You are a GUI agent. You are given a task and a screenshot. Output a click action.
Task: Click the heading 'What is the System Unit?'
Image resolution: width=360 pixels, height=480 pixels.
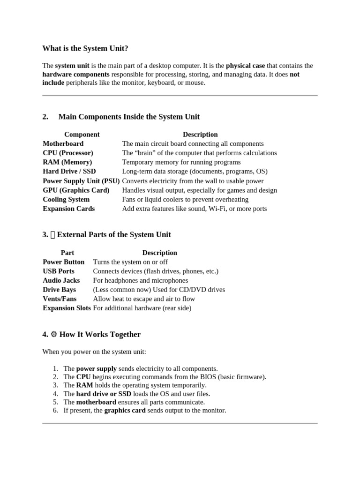[x=85, y=48]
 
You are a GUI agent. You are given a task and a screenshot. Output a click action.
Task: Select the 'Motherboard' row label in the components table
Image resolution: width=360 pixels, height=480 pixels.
[x=63, y=143]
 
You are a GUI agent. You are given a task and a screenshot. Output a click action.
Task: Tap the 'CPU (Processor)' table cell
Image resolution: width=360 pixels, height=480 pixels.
[x=68, y=153]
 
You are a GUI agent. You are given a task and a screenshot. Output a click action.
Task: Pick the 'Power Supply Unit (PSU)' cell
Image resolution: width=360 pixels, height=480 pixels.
[x=81, y=181]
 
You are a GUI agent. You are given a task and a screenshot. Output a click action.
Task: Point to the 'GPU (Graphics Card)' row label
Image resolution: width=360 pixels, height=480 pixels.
[x=76, y=190]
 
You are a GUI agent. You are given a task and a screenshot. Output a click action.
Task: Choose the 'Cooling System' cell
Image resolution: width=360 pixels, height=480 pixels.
[x=66, y=199]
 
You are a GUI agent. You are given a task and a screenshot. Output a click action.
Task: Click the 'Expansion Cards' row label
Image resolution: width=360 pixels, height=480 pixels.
[x=68, y=209]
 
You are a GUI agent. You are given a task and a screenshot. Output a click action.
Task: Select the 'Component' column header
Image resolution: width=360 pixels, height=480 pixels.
[x=82, y=135]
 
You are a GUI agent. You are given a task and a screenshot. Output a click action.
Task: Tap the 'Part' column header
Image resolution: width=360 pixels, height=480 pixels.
[x=67, y=253]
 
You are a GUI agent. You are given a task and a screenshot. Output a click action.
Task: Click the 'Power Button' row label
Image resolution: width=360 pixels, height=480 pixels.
[x=64, y=262]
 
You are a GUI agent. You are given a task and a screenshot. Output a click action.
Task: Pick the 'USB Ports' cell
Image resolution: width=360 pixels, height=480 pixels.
[x=59, y=271]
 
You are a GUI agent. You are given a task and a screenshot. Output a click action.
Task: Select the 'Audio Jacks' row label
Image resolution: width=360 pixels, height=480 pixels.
[x=61, y=280]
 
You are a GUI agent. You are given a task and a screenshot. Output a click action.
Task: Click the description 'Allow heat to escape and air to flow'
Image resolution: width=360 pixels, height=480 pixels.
[x=144, y=299]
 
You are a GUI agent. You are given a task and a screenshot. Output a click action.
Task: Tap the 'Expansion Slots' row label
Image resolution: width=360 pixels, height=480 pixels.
[x=67, y=308]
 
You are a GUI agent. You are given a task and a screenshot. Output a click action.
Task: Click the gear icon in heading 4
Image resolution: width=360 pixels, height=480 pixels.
[x=53, y=335]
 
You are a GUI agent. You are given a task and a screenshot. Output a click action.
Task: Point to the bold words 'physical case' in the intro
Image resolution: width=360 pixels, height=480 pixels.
[x=245, y=66]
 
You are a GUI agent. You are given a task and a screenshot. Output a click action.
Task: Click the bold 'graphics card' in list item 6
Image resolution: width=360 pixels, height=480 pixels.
[x=125, y=410]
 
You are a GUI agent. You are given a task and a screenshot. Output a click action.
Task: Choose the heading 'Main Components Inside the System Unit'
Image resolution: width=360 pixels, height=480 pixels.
[x=129, y=117]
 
